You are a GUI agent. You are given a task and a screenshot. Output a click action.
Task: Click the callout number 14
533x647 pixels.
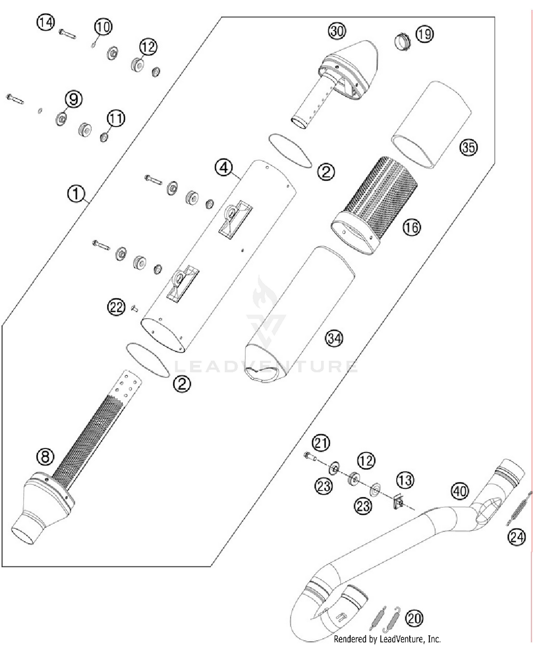point(45,23)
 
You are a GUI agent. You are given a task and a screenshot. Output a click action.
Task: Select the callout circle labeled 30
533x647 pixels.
point(337,31)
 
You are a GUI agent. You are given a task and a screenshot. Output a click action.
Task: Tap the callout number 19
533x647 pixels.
point(424,34)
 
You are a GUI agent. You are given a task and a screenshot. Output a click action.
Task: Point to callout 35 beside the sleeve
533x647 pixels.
point(468,147)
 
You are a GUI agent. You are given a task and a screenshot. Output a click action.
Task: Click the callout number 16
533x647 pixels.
point(411,227)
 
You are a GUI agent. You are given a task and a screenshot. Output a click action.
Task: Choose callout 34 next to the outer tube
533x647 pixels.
point(334,338)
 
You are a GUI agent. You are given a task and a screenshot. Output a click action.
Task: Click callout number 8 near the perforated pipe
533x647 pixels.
point(45,456)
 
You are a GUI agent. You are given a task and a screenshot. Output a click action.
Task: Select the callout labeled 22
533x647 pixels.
point(116,307)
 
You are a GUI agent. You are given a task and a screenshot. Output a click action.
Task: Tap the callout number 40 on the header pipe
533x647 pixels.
point(460,491)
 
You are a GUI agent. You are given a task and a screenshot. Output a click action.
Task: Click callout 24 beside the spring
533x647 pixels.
point(516,536)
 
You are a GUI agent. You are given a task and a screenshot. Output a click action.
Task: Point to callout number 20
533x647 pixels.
point(414,618)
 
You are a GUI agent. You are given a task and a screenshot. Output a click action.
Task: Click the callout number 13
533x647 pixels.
point(405,480)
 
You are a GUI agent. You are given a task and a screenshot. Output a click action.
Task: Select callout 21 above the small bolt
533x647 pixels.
point(321,443)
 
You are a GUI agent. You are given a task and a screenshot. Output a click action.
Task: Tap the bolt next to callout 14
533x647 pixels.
point(67,34)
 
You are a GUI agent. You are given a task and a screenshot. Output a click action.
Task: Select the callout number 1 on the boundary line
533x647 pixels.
point(76,194)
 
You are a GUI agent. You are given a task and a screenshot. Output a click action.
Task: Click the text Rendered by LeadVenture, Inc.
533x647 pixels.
point(387,639)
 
